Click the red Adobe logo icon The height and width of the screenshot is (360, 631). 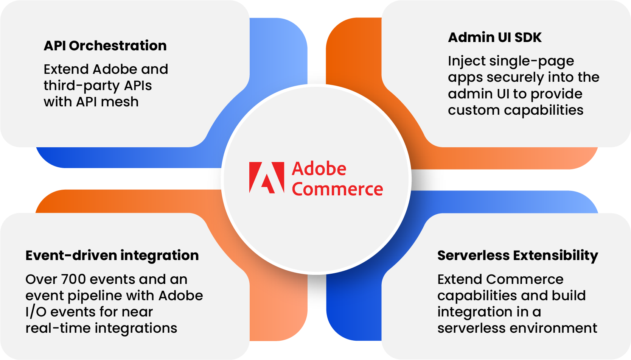tap(266, 178)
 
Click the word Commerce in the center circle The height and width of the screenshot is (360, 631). tap(337, 189)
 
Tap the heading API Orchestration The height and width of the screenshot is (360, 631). tap(105, 46)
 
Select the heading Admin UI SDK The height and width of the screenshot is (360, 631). tap(495, 37)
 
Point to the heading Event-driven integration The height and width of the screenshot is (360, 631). tap(112, 256)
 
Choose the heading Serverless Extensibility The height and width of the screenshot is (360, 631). tap(518, 256)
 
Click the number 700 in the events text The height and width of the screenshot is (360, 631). tap(73, 279)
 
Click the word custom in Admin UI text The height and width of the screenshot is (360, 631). tap(474, 110)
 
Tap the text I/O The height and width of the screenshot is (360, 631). tap(36, 312)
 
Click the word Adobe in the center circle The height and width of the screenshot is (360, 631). tap(319, 169)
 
